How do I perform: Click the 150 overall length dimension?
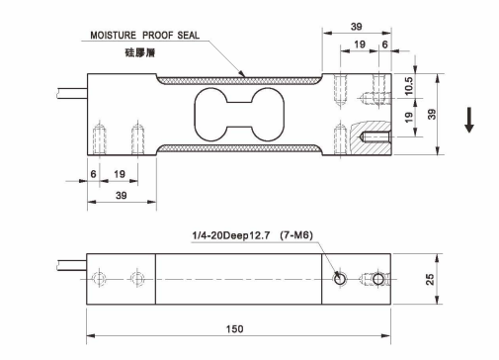click(234, 328)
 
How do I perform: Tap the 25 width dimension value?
click(430, 279)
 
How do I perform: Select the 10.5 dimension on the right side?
click(408, 86)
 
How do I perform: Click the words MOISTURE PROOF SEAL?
click(144, 36)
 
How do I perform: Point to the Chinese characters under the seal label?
click(139, 52)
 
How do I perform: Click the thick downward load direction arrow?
click(469, 120)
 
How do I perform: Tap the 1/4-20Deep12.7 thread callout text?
click(231, 235)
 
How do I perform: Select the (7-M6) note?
click(296, 235)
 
